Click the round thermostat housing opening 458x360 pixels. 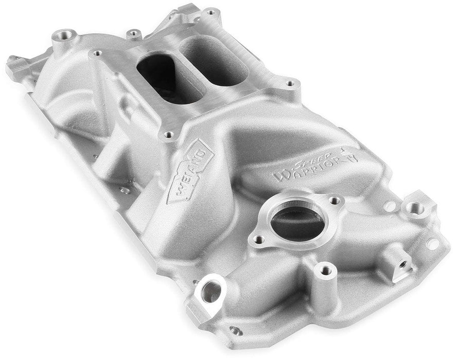[297, 220]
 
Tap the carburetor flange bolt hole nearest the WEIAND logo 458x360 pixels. [168, 136]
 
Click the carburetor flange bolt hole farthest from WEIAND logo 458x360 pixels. [211, 11]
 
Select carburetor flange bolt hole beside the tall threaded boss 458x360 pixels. [96, 52]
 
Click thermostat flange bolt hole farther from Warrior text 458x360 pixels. [259, 240]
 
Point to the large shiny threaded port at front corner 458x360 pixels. [211, 292]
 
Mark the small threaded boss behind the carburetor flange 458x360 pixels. [134, 34]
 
